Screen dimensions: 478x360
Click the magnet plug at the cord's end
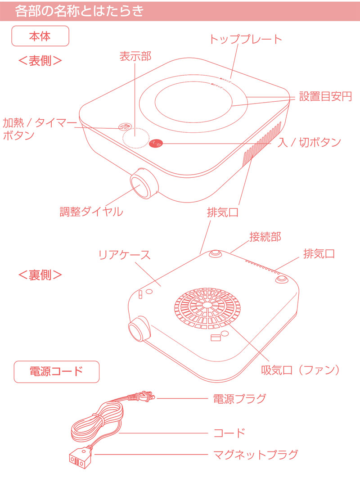point(79,458)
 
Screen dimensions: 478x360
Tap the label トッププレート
point(246,39)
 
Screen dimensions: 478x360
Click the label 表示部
point(135,56)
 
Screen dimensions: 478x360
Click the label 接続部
point(265,237)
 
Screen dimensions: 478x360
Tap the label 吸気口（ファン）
point(300,370)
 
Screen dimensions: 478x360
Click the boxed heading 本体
point(40,36)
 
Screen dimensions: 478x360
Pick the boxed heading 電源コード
point(56,371)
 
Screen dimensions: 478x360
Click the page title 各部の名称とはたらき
point(79,11)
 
